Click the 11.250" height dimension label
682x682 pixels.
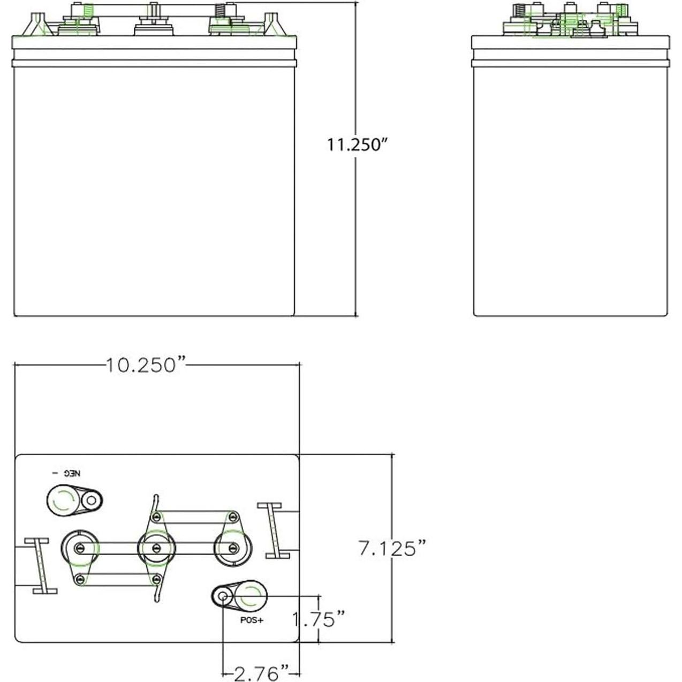pos(357,145)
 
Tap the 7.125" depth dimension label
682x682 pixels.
pos(393,548)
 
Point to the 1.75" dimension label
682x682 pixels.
pos(319,619)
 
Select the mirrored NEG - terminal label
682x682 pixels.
pos(69,473)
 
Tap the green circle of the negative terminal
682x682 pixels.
pos(62,501)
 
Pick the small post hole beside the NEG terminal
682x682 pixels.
pos(91,501)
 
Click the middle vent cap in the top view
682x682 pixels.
pos(156,548)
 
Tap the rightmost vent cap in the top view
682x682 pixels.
pos(233,548)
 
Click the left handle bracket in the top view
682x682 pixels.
pos(41,566)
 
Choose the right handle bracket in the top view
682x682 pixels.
pos(274,531)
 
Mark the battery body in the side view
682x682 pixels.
pos(570,187)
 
